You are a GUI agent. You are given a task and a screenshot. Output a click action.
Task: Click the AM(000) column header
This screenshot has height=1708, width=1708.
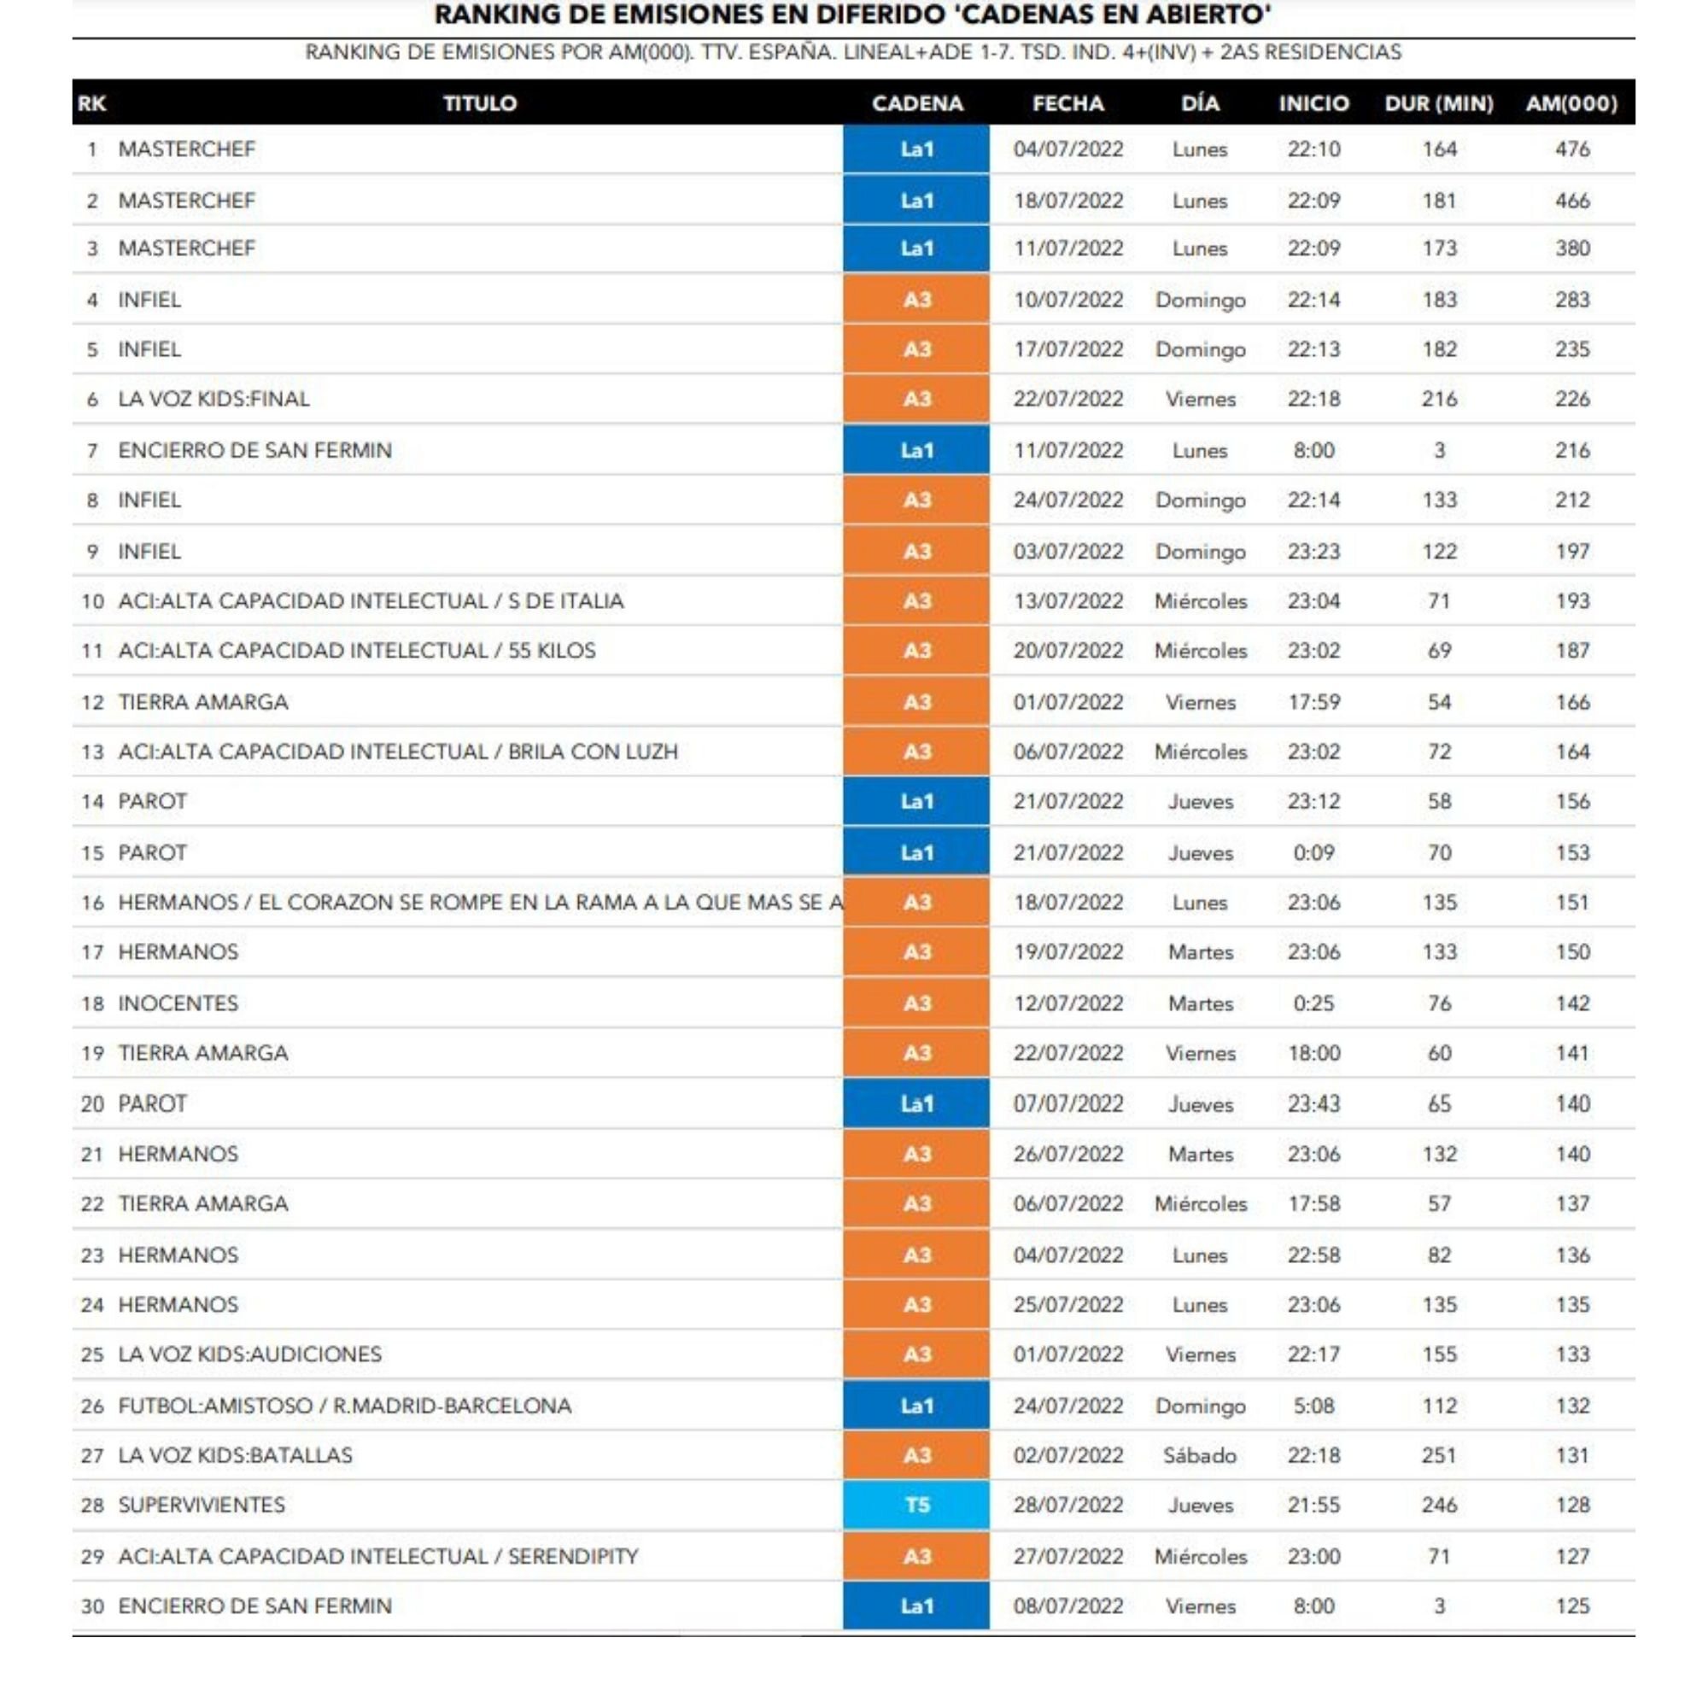(x=1571, y=103)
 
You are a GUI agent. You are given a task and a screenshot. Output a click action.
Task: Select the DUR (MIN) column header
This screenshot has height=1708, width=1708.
(x=1438, y=103)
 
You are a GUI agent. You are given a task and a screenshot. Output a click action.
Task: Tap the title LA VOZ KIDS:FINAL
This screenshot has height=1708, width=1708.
(x=214, y=399)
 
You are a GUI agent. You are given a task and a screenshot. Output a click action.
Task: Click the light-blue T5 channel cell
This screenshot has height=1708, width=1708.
(x=915, y=1505)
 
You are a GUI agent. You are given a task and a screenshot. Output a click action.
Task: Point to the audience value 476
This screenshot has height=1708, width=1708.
(x=1572, y=149)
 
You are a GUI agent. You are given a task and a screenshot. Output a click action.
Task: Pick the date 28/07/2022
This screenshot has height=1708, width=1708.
(x=1068, y=1505)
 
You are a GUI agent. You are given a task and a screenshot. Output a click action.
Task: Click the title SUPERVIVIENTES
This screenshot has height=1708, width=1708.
(x=202, y=1505)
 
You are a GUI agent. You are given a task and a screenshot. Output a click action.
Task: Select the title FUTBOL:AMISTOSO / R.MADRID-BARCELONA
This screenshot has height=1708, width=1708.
(x=345, y=1406)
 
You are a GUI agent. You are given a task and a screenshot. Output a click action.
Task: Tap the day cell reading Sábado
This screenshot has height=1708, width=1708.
(x=1200, y=1455)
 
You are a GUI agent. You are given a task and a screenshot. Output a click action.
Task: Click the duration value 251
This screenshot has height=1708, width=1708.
(x=1438, y=1455)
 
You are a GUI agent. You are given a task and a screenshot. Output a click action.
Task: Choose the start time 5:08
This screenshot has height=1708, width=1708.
(x=1313, y=1406)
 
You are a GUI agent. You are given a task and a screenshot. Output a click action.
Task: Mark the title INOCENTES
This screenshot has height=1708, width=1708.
(x=178, y=1003)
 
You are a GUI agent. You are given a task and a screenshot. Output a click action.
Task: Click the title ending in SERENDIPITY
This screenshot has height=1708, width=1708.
(x=377, y=1556)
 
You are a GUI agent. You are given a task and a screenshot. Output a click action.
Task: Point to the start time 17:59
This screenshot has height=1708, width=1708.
(x=1313, y=702)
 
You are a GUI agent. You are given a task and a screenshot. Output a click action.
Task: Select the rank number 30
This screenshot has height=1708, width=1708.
(x=92, y=1606)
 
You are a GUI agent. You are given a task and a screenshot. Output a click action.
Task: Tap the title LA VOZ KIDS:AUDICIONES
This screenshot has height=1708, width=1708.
(x=249, y=1354)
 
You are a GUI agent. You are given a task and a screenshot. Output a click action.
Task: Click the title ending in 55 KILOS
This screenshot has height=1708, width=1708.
(x=356, y=651)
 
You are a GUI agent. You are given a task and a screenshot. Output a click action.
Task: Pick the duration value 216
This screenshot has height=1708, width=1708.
(x=1438, y=399)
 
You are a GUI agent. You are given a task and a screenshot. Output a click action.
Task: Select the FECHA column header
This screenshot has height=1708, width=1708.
(x=1068, y=103)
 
